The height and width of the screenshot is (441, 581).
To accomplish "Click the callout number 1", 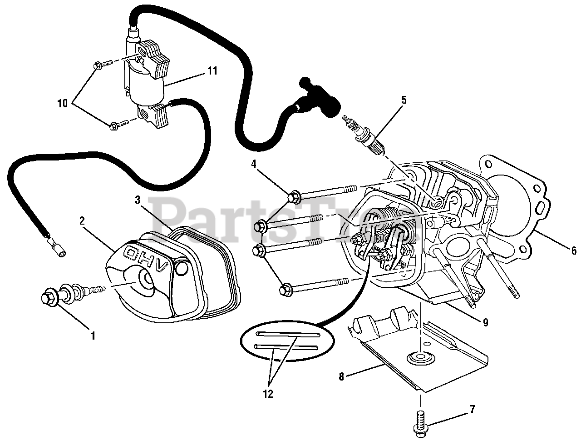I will tap(93, 336).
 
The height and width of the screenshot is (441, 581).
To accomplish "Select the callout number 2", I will tap(82, 220).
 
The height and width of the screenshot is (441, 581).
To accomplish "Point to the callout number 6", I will tap(573, 251).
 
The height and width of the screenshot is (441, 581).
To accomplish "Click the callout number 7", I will tap(473, 410).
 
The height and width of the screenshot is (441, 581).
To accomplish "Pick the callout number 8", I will tap(342, 376).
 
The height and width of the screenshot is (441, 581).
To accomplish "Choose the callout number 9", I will tap(485, 322).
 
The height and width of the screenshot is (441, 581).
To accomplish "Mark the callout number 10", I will tap(62, 104).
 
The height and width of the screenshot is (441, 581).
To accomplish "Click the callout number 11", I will tap(212, 71).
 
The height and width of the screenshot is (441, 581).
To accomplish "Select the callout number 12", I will tap(268, 394).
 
